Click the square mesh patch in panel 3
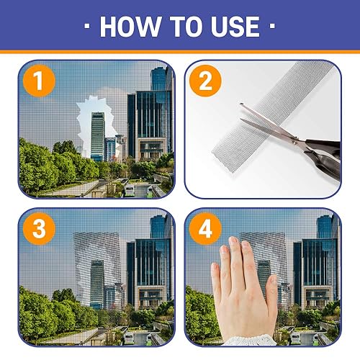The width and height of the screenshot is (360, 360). (x=97, y=259)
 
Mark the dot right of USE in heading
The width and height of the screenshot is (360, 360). (x=272, y=27)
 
